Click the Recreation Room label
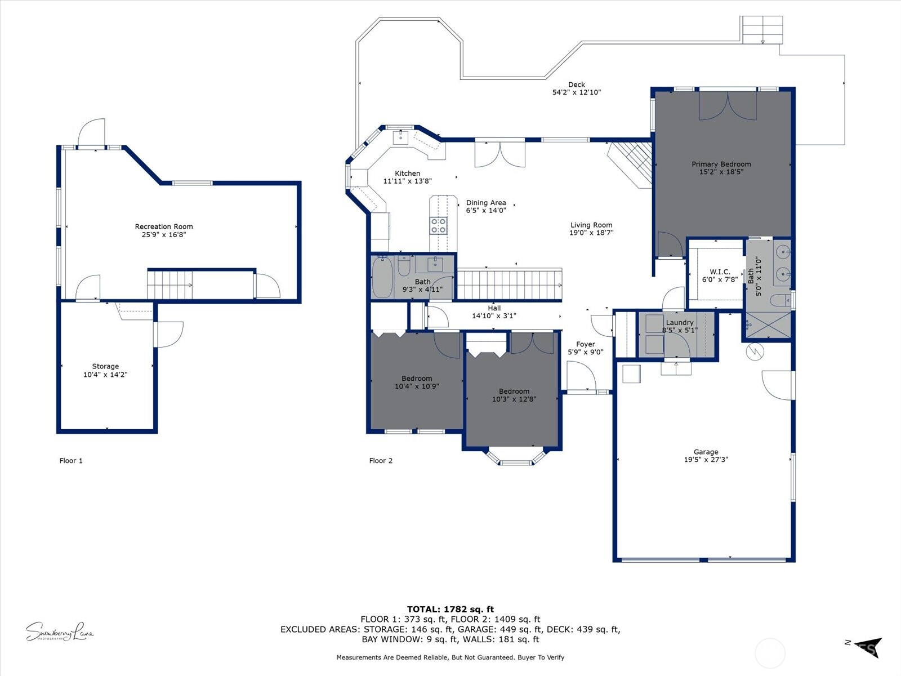click(163, 226)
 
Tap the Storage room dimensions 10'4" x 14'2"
click(105, 374)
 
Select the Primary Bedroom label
click(721, 164)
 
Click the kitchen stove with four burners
click(439, 225)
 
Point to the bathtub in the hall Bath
click(382, 278)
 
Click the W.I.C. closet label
click(720, 272)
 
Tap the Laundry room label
click(679, 322)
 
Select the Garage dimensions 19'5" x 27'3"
click(706, 459)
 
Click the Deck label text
click(576, 84)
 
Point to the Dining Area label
click(485, 203)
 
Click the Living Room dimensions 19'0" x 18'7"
click(591, 232)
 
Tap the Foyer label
click(585, 344)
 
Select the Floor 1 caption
click(71, 460)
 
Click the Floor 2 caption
click(381, 460)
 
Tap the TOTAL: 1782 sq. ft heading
click(450, 609)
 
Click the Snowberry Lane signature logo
click(59, 632)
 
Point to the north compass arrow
click(867, 647)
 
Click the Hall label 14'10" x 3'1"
click(494, 312)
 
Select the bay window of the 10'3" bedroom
click(516, 457)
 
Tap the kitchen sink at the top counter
click(401, 137)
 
